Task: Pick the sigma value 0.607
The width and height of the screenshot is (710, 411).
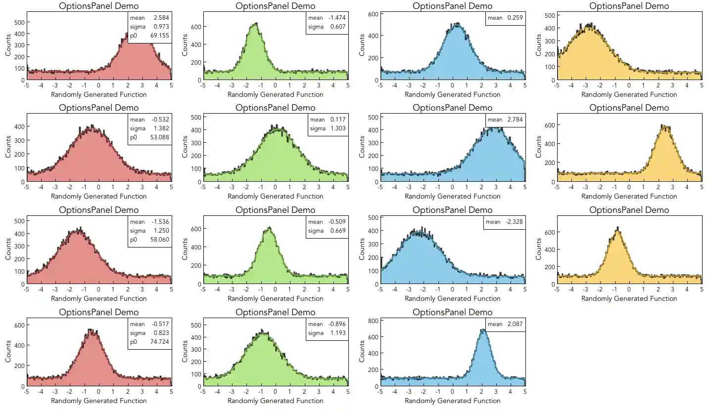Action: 338,27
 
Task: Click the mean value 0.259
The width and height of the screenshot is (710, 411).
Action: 515,18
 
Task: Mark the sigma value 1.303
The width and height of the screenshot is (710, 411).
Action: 338,129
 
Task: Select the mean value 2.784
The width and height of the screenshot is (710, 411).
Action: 515,120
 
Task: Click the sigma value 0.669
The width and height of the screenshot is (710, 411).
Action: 338,231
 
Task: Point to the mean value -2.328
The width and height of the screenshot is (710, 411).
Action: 514,222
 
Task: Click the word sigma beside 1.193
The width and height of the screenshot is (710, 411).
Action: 316,333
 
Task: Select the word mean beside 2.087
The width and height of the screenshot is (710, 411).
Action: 495,324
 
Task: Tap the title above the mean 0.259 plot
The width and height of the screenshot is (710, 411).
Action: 452,6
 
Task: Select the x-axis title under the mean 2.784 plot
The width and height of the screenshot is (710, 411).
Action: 452,196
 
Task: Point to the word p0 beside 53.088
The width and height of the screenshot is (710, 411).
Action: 134,138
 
